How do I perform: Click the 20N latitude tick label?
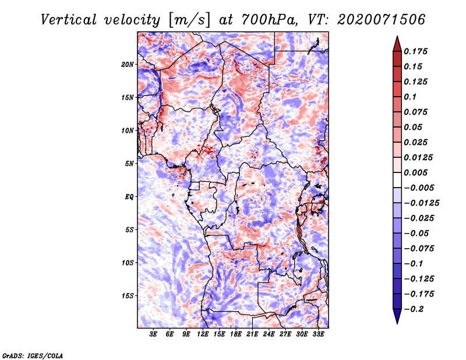pos(128,65)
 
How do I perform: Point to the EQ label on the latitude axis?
pos(129,197)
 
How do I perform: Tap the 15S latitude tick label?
pos(128,296)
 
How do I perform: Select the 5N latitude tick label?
pos(129,164)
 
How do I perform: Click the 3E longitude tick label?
pos(153,334)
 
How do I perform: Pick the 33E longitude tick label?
pos(318,334)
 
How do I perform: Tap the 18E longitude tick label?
pos(236,334)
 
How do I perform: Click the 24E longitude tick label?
pos(269,334)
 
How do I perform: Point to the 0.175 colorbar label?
pos(415,51)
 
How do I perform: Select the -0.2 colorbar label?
pos(414,309)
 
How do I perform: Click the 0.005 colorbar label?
pos(415,172)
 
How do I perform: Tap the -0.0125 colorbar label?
pos(421,203)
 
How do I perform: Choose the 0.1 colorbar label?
pos(410,97)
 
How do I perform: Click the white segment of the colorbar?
pos(397,180)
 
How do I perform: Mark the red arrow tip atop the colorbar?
pos(397,36)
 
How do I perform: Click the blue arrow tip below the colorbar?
pos(397,323)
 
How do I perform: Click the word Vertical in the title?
pos(69,20)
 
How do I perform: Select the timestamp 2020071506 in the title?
pos(381,20)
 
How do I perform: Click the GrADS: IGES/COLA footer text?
pos(33,355)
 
